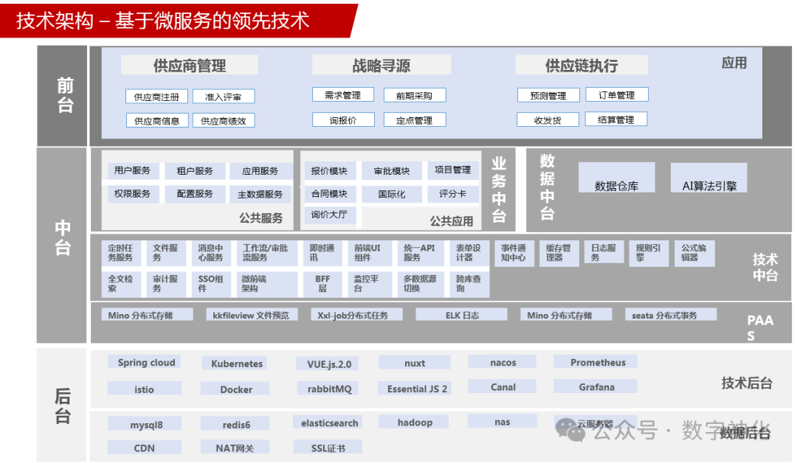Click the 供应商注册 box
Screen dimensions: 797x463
coord(156,97)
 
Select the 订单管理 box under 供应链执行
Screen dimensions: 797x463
coord(616,95)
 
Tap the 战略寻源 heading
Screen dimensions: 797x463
coord(381,66)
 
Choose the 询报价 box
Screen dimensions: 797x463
coord(343,120)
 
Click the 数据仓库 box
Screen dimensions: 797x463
coord(616,186)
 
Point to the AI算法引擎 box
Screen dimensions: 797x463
coord(709,186)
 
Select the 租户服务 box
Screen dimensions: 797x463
coord(195,171)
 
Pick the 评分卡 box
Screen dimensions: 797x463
coord(452,194)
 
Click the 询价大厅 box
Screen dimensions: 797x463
coord(329,215)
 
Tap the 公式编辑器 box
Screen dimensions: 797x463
coord(694,253)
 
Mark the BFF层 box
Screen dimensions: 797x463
coord(322,284)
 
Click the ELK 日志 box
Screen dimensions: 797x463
coord(462,315)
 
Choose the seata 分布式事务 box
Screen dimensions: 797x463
coord(663,315)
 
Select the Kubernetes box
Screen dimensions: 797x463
coord(236,363)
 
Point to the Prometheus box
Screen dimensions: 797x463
coord(598,362)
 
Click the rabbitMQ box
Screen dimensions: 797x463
coord(325,389)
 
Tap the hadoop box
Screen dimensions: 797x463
coord(415,422)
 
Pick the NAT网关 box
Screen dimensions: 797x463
coord(235,448)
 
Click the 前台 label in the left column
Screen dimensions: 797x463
coord(65,96)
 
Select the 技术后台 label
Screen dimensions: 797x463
coord(746,383)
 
